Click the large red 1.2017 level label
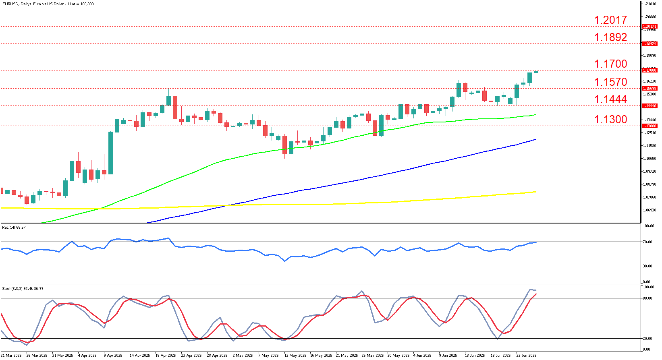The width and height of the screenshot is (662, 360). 610,20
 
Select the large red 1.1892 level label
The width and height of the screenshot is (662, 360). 610,37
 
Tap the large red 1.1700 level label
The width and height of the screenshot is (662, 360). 610,64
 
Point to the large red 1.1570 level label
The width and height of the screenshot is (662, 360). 610,82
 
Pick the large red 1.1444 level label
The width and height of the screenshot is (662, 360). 610,99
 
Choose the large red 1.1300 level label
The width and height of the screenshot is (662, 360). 610,119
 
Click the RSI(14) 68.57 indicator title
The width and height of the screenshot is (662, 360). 14,228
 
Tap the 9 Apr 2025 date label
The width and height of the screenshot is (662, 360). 113,356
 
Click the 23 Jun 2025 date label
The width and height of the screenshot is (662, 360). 527,356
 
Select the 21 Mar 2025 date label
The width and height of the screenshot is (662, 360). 12,356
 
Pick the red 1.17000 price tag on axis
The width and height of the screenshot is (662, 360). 649,70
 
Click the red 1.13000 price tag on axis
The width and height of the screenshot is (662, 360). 649,126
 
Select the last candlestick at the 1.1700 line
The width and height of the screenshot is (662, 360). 536,72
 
